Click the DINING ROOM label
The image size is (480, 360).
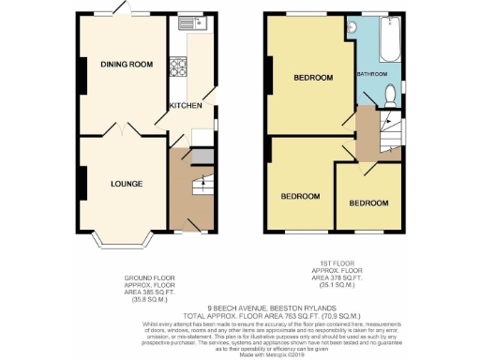point(127,64)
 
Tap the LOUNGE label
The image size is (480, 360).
point(126,184)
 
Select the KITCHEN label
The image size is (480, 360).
point(185,106)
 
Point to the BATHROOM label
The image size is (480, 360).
point(371,72)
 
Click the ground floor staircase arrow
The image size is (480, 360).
point(197,187)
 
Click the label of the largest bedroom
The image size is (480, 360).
point(307,76)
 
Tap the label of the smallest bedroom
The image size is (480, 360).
point(369,202)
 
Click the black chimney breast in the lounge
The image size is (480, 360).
point(82,183)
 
